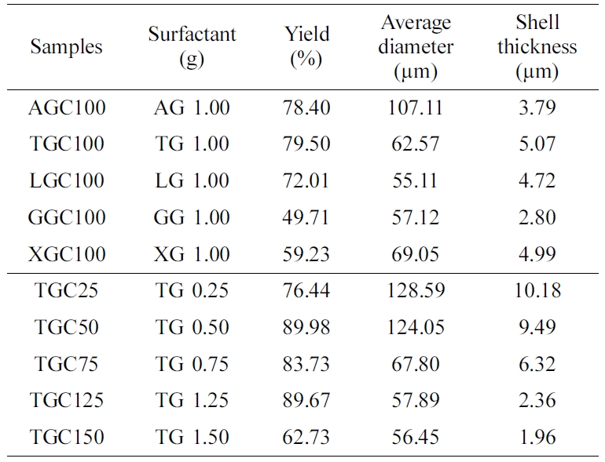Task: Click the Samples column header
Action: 67,46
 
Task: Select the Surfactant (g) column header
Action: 192,46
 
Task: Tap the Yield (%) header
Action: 307,46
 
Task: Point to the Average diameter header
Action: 416,46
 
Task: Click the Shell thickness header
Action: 537,46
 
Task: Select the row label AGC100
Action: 67,107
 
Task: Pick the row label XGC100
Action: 67,254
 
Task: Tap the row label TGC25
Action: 67,291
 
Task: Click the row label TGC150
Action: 67,437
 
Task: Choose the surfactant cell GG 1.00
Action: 192,217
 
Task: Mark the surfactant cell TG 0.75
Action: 192,364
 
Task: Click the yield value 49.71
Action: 307,217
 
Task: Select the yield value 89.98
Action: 307,327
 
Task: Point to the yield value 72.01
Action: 307,180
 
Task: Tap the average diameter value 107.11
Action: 416,107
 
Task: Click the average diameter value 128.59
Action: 416,291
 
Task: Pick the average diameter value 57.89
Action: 416,400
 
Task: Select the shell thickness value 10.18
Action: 537,291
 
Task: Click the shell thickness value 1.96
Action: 537,437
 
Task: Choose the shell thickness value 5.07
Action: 537,144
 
